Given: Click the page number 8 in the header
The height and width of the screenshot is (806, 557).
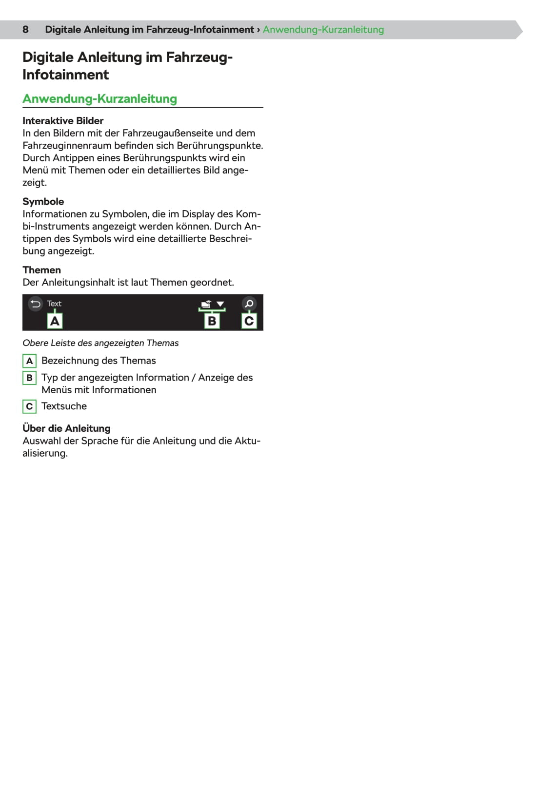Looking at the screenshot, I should click(25, 30).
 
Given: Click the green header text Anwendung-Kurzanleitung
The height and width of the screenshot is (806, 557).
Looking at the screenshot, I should click(323, 30).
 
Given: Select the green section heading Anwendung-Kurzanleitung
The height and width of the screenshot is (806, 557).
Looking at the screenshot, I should click(99, 99).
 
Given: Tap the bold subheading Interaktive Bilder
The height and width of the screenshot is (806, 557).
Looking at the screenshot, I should click(63, 121).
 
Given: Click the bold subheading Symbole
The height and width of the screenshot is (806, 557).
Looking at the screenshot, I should click(43, 202).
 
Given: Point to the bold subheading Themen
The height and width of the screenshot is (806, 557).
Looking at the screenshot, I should click(41, 270).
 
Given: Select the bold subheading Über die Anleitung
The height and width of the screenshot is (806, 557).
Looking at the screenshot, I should click(66, 428).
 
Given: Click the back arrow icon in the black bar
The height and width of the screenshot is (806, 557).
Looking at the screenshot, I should click(35, 304).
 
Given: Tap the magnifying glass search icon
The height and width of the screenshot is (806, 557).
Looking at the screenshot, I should click(249, 304).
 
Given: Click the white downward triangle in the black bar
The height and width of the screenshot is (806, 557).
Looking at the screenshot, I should click(220, 304).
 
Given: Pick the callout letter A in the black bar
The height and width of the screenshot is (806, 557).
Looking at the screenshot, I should click(55, 321).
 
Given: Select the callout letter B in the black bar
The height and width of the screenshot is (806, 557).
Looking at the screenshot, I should click(212, 321).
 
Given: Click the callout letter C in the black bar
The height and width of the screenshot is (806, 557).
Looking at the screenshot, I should click(249, 321).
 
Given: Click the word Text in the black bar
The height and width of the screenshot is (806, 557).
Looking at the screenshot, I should click(54, 304).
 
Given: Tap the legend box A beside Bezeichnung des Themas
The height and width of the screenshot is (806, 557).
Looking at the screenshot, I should click(29, 361).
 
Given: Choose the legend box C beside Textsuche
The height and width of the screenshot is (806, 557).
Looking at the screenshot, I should click(29, 406).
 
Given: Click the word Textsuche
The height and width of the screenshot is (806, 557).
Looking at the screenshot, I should click(64, 406).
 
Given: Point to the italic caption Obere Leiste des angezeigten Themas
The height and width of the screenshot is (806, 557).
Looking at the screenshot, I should click(100, 343).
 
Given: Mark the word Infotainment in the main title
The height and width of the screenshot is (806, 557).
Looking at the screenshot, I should click(65, 75).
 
